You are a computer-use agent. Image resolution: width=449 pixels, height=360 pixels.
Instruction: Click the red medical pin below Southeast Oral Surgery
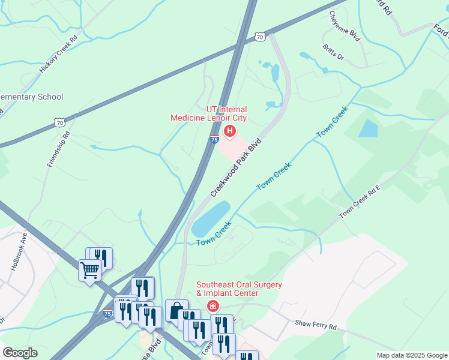tap(212, 307)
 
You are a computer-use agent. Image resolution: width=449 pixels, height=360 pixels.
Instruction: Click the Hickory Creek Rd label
tap(59, 55)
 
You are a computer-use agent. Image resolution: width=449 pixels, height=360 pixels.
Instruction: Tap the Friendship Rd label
tap(58, 149)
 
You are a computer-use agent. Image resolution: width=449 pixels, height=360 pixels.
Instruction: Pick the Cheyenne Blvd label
tap(345, 25)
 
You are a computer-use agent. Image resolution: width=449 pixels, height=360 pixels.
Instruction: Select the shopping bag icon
tap(176, 311)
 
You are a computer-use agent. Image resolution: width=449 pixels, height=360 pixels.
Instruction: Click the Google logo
tap(20, 353)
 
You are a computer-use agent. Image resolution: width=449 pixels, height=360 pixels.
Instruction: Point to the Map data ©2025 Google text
tap(411, 355)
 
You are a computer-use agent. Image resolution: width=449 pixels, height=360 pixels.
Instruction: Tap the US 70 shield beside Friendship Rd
tap(59, 122)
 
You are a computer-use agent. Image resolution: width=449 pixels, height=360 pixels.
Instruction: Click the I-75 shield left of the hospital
tap(214, 140)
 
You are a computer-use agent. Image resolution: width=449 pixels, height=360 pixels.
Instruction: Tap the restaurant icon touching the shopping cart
tap(101, 257)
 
